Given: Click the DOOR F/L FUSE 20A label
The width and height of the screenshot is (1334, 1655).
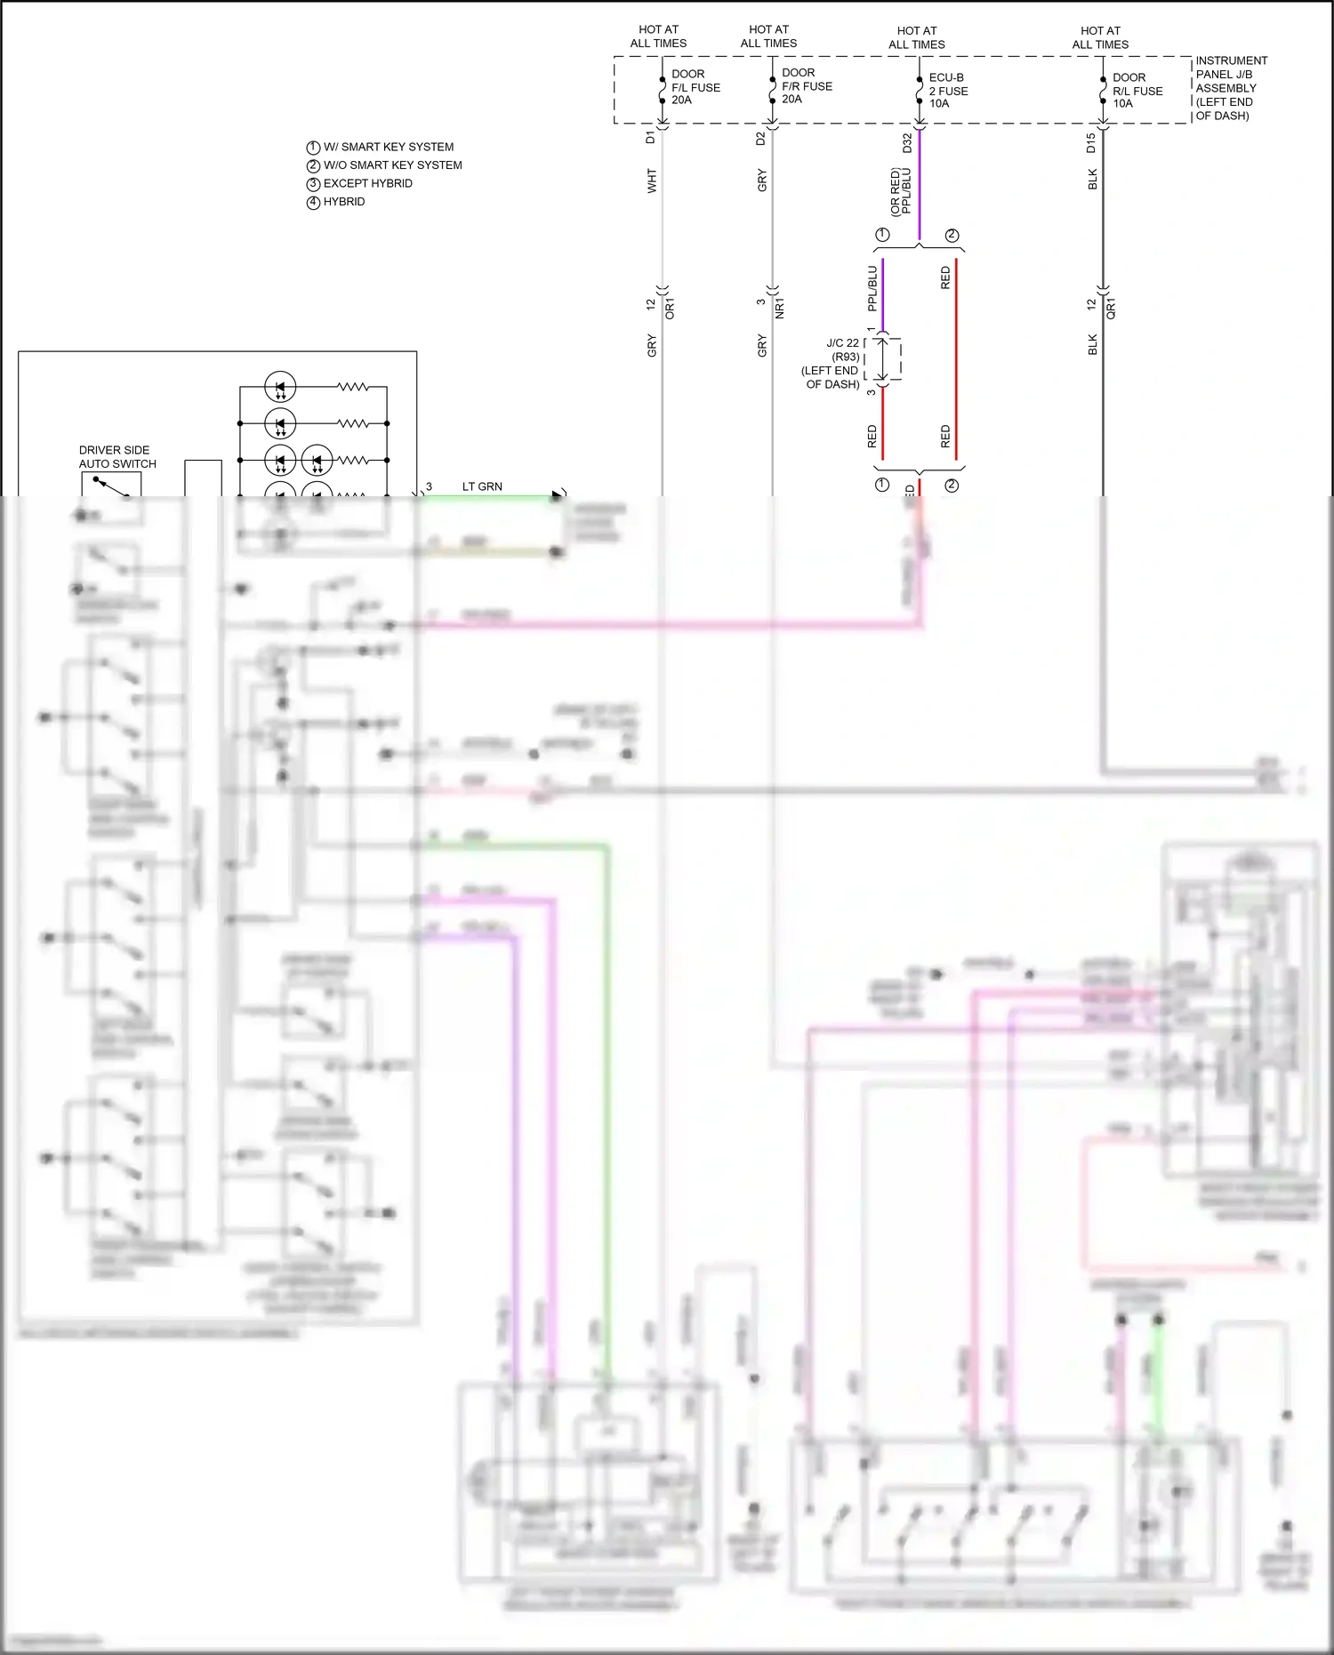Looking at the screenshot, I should (x=695, y=87).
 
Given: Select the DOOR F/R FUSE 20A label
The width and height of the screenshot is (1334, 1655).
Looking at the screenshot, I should (x=806, y=86).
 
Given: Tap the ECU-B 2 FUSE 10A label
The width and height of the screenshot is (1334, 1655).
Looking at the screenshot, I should (x=948, y=91).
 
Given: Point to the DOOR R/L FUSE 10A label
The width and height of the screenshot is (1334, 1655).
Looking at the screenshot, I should (x=1137, y=91).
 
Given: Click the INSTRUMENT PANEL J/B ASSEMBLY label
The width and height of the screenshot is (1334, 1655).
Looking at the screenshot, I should (x=1230, y=88).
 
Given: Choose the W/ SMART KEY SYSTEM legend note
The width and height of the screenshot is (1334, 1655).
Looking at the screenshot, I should (x=388, y=147).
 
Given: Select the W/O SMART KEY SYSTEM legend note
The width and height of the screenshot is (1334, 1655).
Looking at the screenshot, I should (x=392, y=165).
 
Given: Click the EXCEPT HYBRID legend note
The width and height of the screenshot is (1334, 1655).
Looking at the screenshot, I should (x=367, y=183).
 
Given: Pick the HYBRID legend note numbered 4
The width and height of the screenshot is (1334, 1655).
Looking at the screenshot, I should (x=343, y=202).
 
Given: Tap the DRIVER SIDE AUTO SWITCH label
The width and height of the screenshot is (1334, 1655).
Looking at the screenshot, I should (x=117, y=457).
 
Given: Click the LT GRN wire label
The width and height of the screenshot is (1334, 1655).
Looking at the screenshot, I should (x=482, y=486).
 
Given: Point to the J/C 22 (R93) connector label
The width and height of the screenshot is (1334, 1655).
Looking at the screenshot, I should (x=833, y=363).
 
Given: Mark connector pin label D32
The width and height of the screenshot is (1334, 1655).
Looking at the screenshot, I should (x=907, y=143).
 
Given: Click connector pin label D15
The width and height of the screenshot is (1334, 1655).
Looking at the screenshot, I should (x=1091, y=143).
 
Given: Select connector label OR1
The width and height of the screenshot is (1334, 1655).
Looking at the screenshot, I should (x=670, y=309).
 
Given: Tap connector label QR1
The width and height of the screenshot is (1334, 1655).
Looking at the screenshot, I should (x=1111, y=309).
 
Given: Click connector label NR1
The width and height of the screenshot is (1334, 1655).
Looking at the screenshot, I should (x=780, y=309).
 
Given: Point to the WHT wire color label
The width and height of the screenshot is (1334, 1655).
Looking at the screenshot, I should (x=652, y=181).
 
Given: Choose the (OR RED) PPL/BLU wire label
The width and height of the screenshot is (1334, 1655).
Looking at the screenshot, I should (x=901, y=191).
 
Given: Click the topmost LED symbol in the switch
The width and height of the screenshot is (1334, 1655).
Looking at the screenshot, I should (x=280, y=388).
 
